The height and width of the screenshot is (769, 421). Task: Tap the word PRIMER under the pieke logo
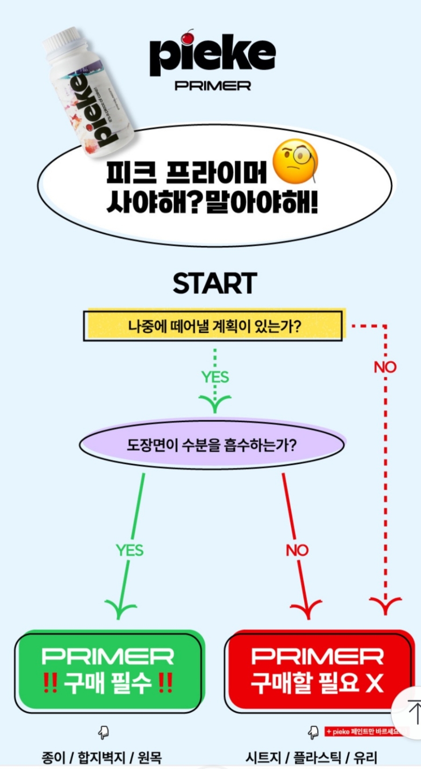[x=213, y=86]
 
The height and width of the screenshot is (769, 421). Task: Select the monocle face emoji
[x=295, y=161]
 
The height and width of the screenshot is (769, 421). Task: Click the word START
[x=215, y=283]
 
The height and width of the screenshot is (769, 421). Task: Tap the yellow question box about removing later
[x=213, y=325]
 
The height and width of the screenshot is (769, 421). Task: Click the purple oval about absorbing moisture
[x=212, y=445]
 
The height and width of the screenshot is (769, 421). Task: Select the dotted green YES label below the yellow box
[x=215, y=377]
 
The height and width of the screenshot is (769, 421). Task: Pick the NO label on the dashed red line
[x=385, y=367]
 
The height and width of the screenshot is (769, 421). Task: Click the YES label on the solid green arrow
[x=130, y=550]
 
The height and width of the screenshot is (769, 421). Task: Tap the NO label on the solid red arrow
[x=298, y=550]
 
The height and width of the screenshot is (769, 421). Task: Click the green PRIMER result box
[x=109, y=671]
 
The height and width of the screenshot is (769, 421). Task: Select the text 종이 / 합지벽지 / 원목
[x=102, y=757]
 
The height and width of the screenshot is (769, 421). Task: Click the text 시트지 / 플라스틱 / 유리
[x=312, y=757]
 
